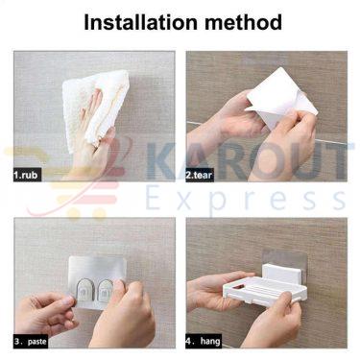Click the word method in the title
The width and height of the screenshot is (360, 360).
point(244,22)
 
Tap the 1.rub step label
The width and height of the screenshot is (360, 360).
point(27,175)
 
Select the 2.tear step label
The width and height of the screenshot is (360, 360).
point(200,175)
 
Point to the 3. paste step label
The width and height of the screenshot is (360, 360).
point(31,341)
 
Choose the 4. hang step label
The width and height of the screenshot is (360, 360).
point(204,341)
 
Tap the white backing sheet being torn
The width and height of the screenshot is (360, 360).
point(280,97)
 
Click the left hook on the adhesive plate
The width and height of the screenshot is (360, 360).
point(84,292)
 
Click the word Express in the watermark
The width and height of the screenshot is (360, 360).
point(246,199)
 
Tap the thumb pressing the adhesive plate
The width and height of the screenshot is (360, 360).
point(121,288)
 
